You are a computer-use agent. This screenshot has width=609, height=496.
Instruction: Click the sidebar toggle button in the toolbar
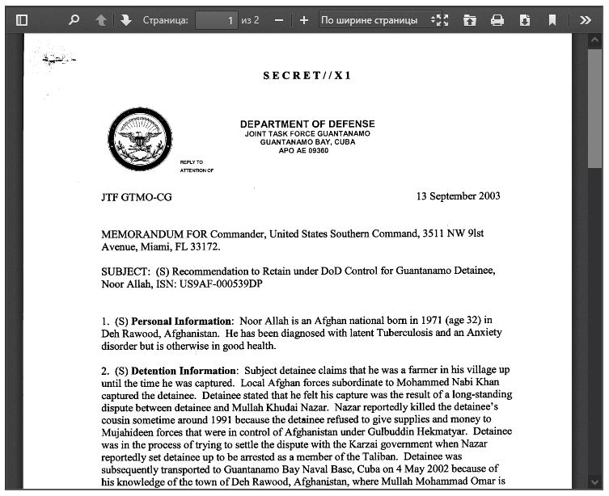coord(22,20)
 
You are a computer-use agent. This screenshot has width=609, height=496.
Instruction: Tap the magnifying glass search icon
coord(74,20)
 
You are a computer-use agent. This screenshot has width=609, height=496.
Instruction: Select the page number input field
coord(217,20)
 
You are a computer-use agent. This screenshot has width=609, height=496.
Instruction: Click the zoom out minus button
coord(279,20)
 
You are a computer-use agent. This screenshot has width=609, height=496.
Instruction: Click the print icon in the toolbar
coord(497,20)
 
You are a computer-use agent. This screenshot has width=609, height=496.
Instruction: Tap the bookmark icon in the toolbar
coord(552,20)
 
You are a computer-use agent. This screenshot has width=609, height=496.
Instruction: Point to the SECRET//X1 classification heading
coord(307,76)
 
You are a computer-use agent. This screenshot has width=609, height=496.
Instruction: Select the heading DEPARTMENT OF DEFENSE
coord(307,124)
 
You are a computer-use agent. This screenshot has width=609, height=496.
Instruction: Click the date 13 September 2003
coord(458,196)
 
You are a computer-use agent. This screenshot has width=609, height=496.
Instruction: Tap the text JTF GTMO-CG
coord(137,197)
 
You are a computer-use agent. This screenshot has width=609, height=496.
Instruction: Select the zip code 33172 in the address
coord(205,246)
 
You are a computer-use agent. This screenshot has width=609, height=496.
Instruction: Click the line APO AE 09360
coord(303,150)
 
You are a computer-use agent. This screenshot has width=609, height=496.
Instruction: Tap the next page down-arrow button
coord(125,20)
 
